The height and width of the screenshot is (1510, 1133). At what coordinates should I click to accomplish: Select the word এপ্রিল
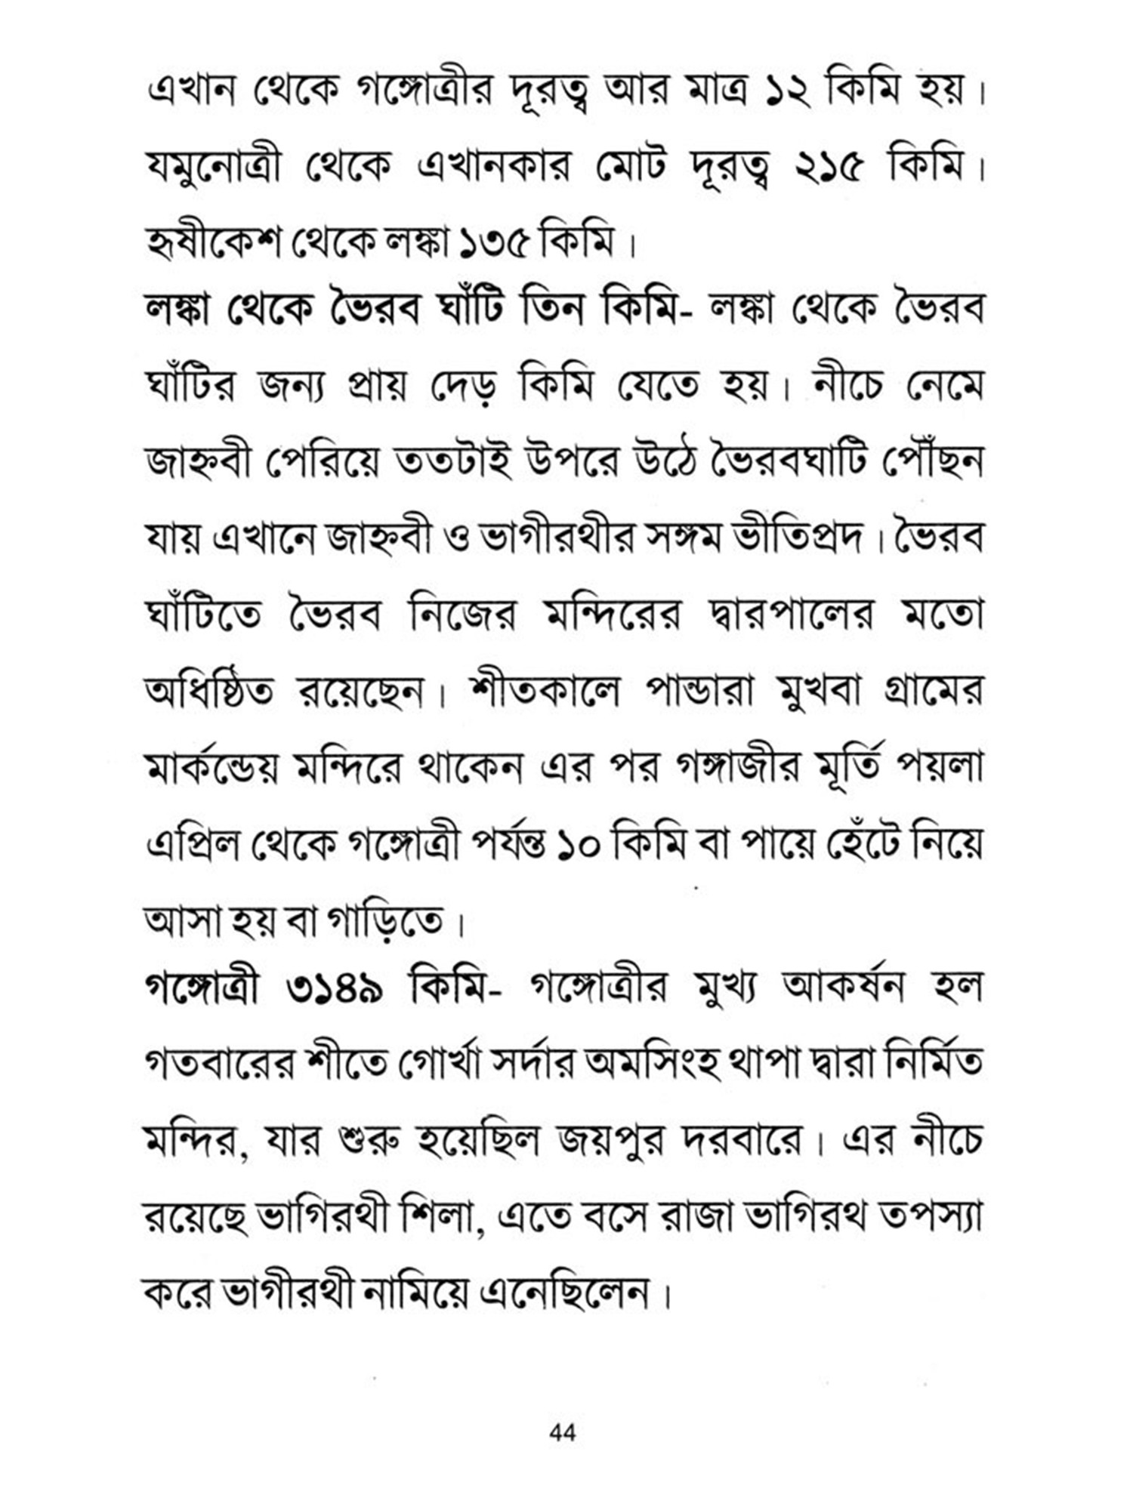coord(193,846)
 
